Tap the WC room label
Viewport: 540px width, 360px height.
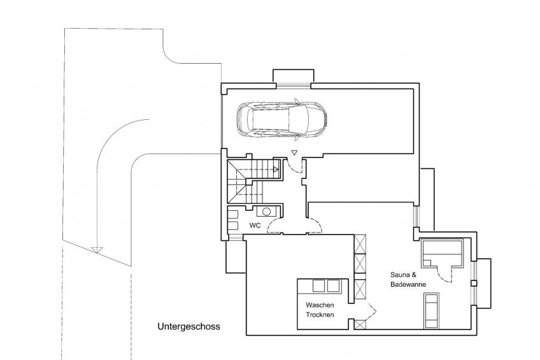pyautogui.click(x=255, y=226)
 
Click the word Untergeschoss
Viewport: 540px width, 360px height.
pyautogui.click(x=188, y=326)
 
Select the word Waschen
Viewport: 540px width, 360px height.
pyautogui.click(x=320, y=305)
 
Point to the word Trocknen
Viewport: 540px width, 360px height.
pyautogui.click(x=320, y=315)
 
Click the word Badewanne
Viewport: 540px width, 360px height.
pyautogui.click(x=408, y=285)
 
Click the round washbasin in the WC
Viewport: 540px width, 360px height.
pyautogui.click(x=268, y=212)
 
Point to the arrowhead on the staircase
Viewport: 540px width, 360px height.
pyautogui.click(x=276, y=169)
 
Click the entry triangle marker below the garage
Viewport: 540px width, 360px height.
pyautogui.click(x=294, y=152)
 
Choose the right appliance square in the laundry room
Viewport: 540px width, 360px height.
pyautogui.click(x=334, y=285)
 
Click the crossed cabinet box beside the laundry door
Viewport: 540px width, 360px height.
pyautogui.click(x=360, y=324)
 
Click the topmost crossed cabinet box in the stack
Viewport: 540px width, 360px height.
pyautogui.click(x=360, y=245)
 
